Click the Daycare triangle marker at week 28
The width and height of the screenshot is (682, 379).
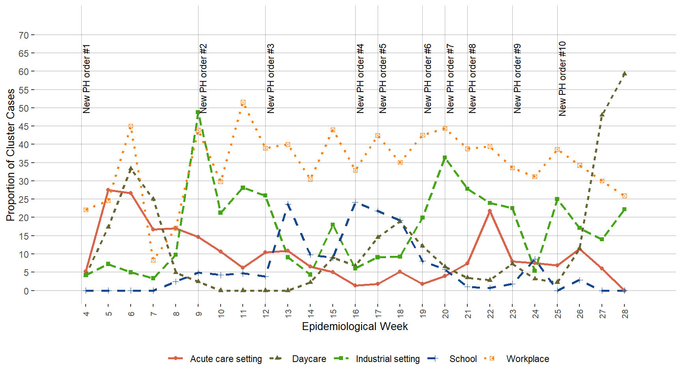click(624, 74)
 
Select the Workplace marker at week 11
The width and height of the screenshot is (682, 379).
click(243, 103)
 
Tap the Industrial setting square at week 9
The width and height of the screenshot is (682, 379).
click(198, 113)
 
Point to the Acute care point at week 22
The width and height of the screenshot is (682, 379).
click(490, 211)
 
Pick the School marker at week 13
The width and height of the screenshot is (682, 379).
click(288, 205)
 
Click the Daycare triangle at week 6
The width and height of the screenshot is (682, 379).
click(131, 169)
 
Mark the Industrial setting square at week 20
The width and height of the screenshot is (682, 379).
click(445, 158)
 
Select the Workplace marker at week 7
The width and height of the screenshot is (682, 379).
click(153, 260)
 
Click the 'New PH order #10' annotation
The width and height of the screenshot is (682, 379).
click(562, 79)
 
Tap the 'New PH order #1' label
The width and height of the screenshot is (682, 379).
click(86, 79)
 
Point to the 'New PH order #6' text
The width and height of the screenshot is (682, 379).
click(428, 79)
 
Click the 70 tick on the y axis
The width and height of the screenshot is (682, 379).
click(24, 35)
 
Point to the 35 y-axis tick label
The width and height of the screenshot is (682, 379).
click(24, 163)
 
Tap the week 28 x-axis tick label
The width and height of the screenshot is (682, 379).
click(625, 313)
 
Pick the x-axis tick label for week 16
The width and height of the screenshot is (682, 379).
click(356, 313)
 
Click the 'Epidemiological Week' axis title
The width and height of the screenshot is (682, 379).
click(355, 326)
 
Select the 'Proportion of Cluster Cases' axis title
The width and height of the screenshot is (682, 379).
click(11, 155)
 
